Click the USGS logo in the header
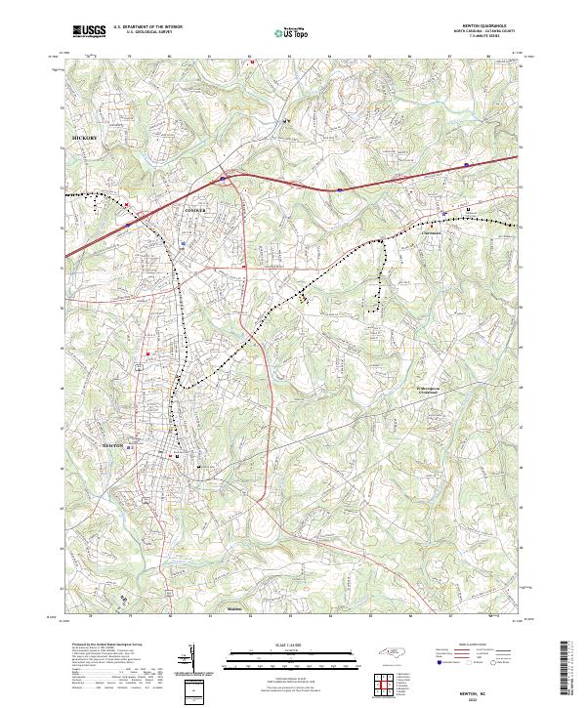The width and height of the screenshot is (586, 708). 89,32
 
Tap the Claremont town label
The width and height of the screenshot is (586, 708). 432,233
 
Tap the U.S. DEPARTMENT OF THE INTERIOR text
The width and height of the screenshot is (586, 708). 147,27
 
